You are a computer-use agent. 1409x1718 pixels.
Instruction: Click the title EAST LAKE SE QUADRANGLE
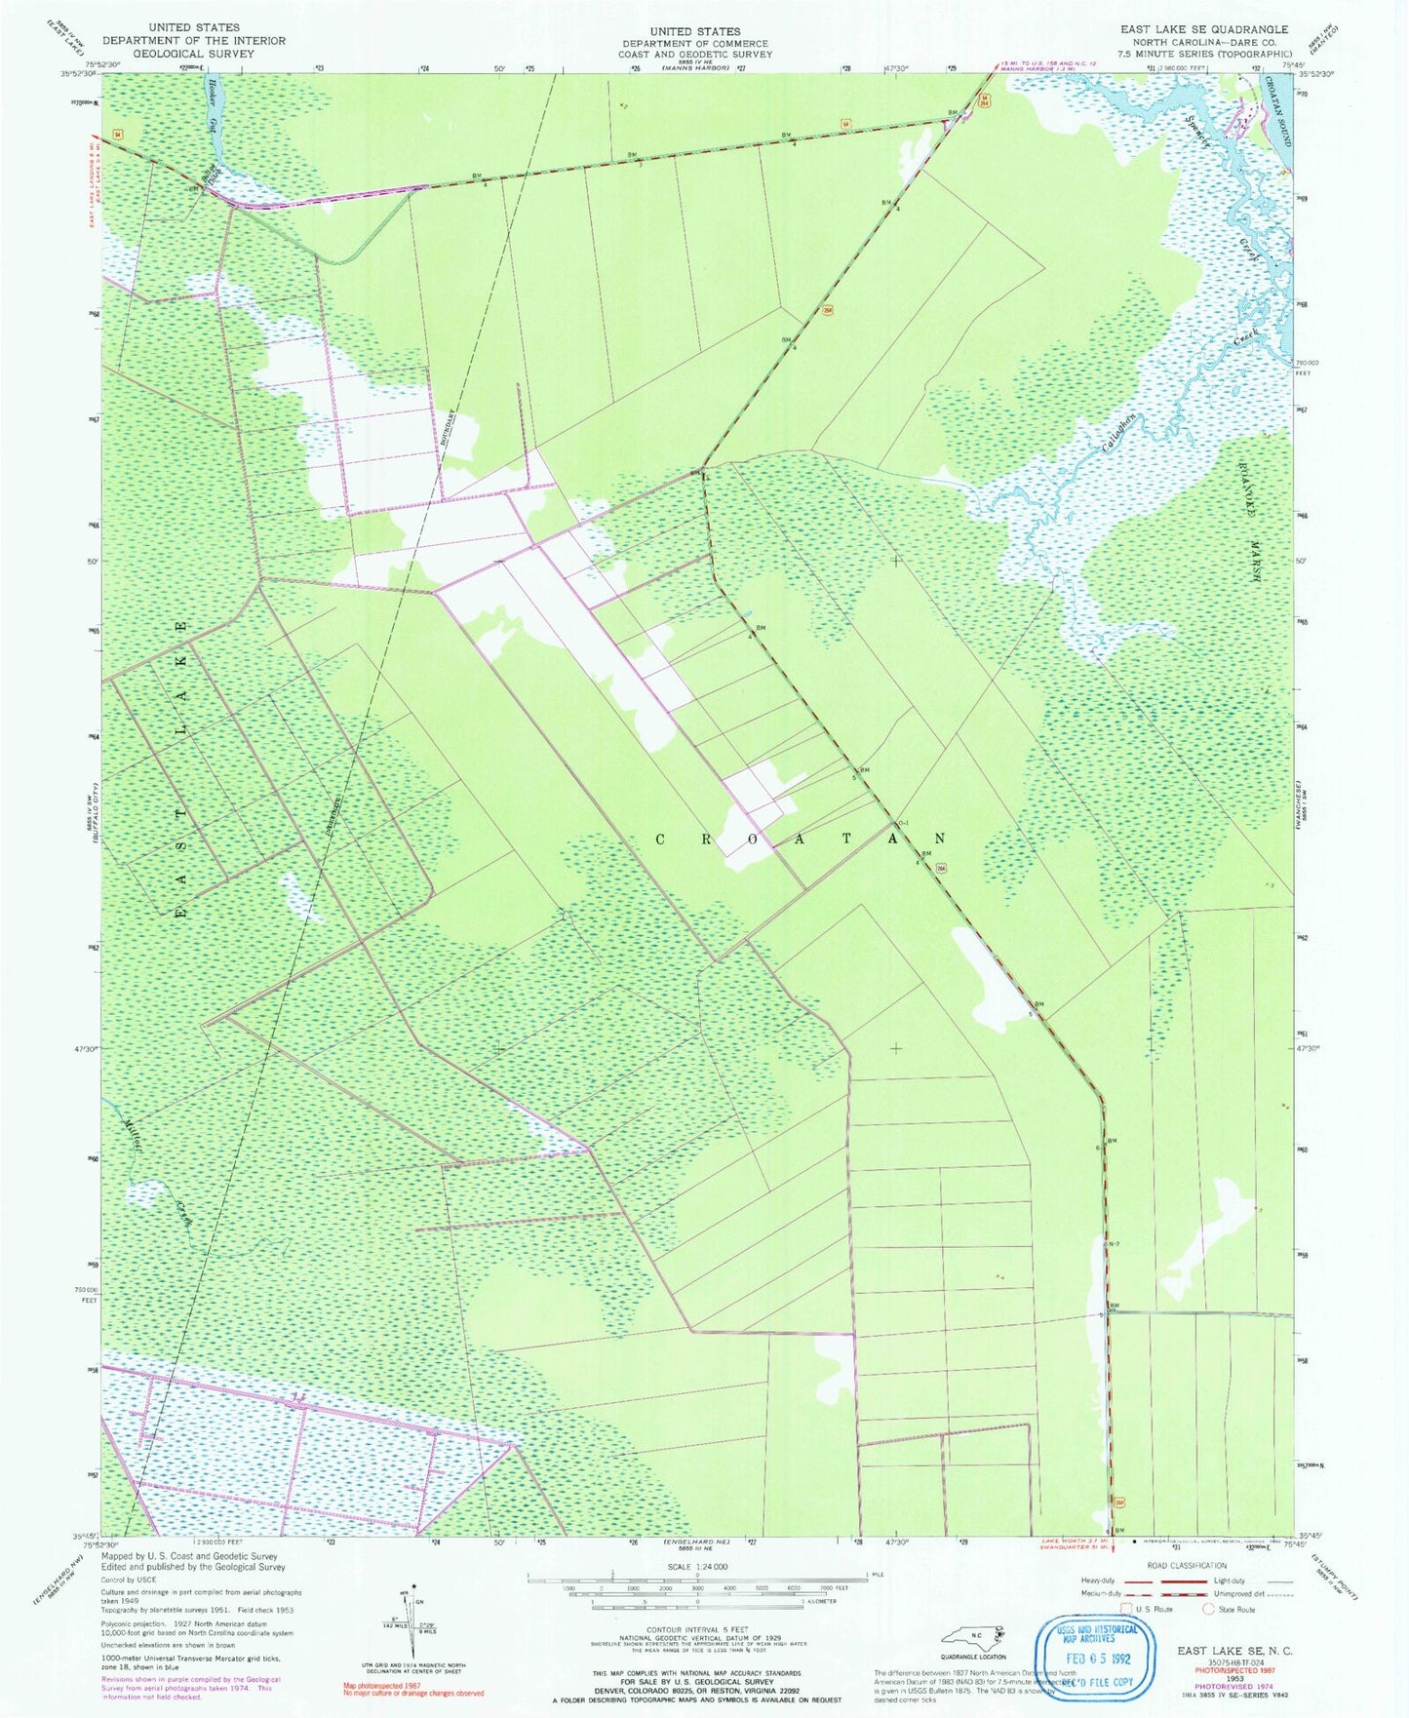[x=1203, y=30]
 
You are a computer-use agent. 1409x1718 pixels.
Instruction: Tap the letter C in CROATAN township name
[x=660, y=839]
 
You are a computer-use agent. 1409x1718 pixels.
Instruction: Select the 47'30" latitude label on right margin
[x=1309, y=1049]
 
